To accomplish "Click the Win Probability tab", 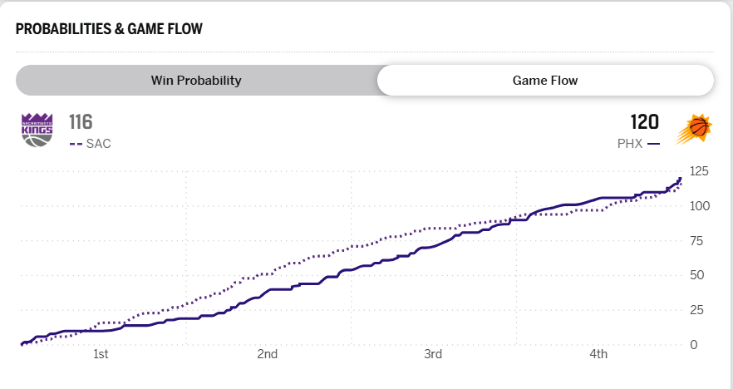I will [196, 81].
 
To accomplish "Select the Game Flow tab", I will [545, 81].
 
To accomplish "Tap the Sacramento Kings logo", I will [37, 130].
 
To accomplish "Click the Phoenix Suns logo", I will [695, 130].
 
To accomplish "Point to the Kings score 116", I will [81, 122].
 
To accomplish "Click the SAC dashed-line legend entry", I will [90, 143].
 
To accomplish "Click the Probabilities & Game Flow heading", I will [109, 29].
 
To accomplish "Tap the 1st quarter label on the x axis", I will [101, 355].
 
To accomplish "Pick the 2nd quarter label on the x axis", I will [267, 355].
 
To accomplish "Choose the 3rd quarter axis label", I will [433, 355].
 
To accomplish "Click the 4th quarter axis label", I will [599, 355].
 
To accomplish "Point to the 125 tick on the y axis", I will [700, 171].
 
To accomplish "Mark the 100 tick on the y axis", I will [700, 206].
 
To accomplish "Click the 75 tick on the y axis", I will [698, 241].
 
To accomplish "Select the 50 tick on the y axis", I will [698, 275].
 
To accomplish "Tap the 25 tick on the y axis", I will [698, 310].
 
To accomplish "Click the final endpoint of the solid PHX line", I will [680, 179].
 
